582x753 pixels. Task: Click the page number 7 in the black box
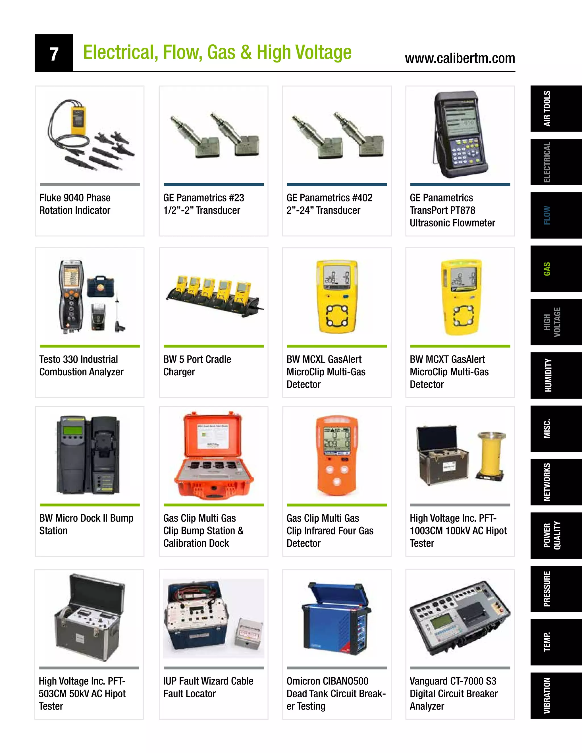[54, 54]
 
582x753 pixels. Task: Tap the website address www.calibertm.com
[460, 58]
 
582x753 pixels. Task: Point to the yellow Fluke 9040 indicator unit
[78, 120]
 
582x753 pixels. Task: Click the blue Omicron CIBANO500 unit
[336, 619]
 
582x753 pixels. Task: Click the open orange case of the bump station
[214, 455]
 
